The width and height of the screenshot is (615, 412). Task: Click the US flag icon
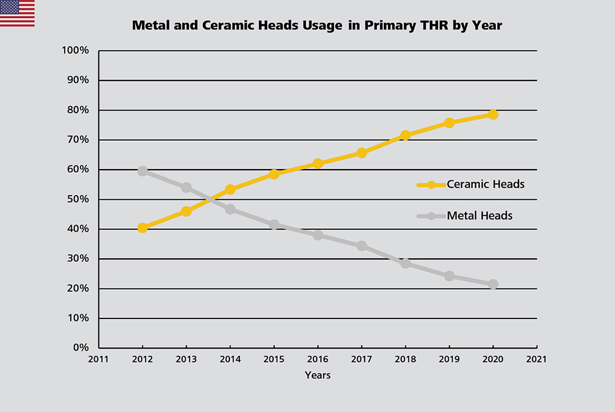17,13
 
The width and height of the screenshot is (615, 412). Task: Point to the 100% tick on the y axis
76,50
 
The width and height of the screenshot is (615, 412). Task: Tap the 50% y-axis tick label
79,199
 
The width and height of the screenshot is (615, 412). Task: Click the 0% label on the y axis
81,348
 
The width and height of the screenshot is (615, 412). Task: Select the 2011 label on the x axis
98,360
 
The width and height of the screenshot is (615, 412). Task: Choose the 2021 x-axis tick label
537,360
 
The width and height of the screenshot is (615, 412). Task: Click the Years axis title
317,375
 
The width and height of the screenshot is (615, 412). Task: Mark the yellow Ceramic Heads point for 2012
143,228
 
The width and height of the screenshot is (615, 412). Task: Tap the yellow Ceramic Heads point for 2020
493,114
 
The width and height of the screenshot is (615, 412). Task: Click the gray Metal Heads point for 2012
143,171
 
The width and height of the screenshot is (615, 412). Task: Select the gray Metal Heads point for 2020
493,284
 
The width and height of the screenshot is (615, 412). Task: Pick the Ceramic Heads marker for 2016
318,164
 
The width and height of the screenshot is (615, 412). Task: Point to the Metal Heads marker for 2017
362,246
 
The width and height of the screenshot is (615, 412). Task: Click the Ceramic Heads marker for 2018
405,135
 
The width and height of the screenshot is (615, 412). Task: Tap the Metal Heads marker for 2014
230,209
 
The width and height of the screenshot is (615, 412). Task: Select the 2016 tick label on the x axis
318,360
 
